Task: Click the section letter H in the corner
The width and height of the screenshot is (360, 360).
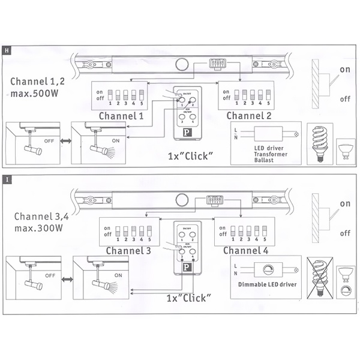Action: [x=6, y=50]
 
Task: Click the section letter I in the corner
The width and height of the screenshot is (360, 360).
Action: [x=6, y=179]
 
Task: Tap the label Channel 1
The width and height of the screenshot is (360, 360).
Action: [x=121, y=115]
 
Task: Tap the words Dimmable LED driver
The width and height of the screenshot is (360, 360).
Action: [x=266, y=284]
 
